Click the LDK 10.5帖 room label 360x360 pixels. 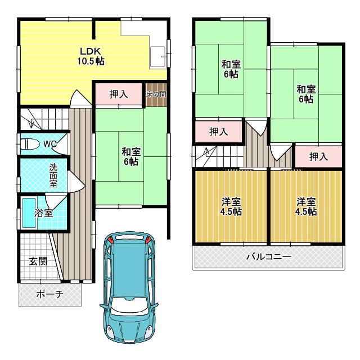[91, 56]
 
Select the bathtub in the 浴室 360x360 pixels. [29, 213]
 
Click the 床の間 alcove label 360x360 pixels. [156, 94]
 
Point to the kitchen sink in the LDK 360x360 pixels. [157, 57]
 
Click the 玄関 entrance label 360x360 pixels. [38, 261]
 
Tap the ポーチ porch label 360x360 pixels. [49, 294]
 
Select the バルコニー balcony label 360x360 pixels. [269, 256]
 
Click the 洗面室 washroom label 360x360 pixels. [53, 175]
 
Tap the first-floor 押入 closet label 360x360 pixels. [119, 94]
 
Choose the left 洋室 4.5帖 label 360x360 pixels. [231, 206]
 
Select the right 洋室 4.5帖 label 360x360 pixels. [306, 206]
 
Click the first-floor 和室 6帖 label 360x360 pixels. [131, 156]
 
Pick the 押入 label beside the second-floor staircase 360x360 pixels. [219, 132]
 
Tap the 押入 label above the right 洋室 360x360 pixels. [318, 156]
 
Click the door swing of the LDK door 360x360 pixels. [80, 98]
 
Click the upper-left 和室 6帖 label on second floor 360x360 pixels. [231, 69]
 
